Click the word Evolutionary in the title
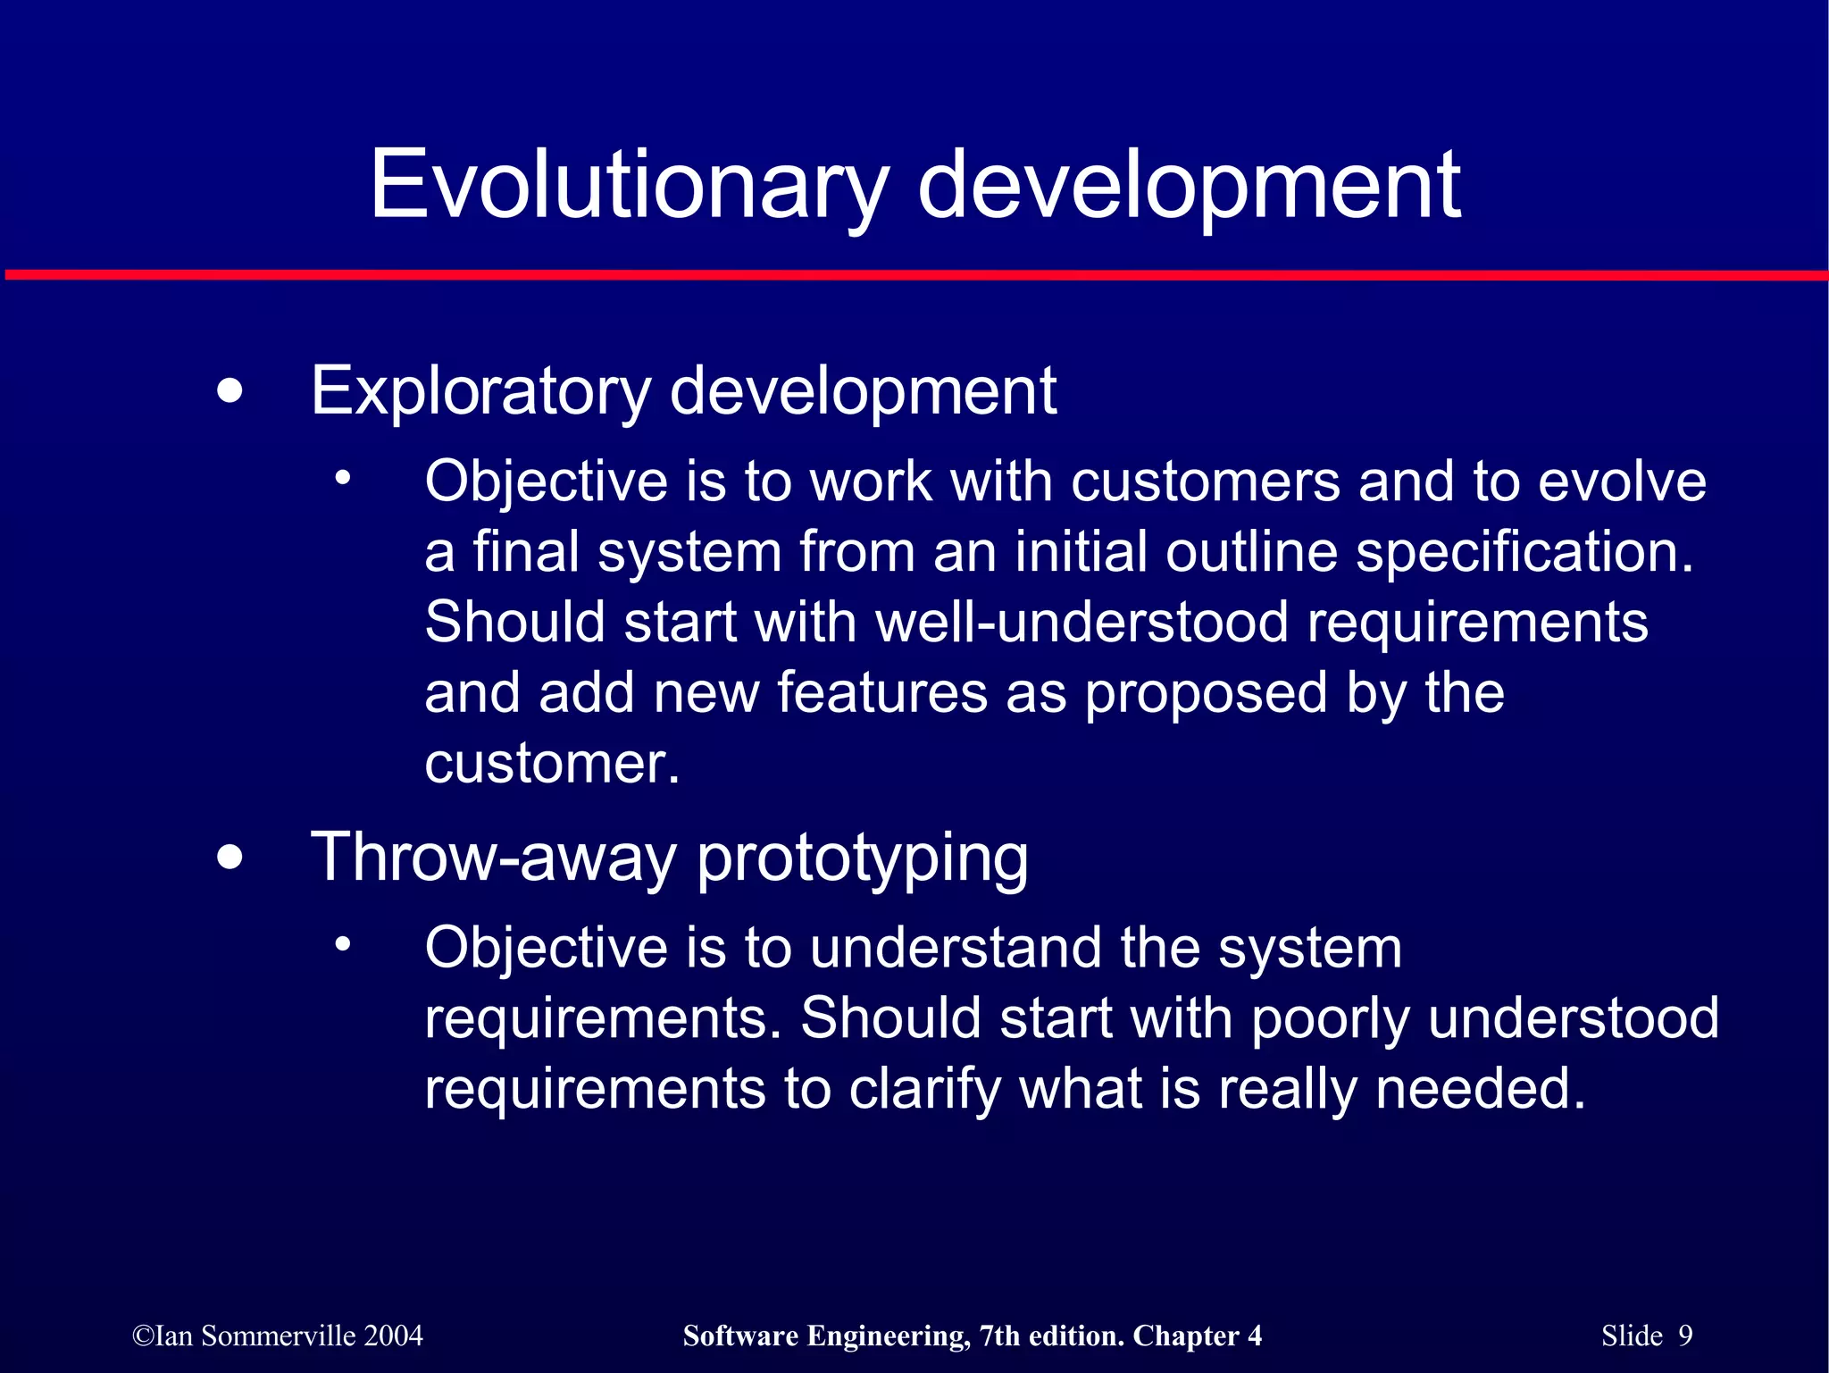point(629,185)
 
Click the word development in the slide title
point(1189,185)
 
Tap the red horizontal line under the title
point(914,275)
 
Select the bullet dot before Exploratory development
point(230,391)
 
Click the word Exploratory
point(480,391)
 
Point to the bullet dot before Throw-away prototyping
point(230,858)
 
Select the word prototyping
point(863,858)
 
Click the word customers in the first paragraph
point(1205,481)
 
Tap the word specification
point(1524,552)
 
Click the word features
point(882,692)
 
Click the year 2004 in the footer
point(393,1335)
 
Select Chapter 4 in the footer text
point(1197,1335)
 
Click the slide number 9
point(1685,1335)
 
